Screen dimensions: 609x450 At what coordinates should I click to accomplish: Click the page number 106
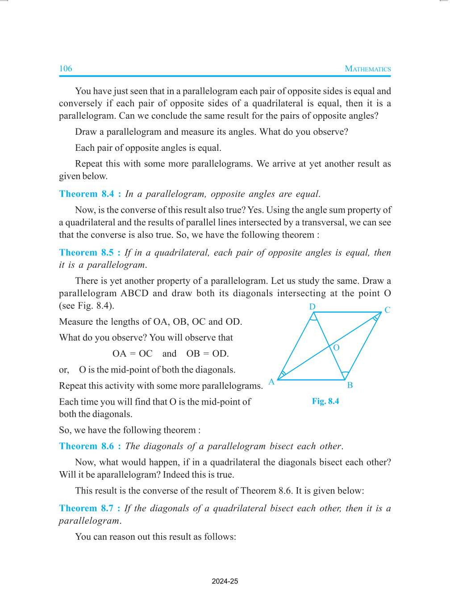66,68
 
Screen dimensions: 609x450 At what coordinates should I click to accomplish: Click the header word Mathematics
367,69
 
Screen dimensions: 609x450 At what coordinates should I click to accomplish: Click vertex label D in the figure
312,307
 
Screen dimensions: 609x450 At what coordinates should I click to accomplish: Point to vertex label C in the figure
387,310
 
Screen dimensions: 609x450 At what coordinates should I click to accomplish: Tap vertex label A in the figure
271,382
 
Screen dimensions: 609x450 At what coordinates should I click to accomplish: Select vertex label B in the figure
350,385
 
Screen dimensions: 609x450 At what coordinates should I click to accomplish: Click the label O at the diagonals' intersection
336,348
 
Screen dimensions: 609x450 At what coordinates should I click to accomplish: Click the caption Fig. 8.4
325,401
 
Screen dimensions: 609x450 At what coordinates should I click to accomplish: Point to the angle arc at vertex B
345,374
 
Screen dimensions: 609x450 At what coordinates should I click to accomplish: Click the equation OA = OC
132,354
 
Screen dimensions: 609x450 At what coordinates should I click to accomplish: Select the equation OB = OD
208,354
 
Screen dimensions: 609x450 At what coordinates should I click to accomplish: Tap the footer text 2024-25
225,581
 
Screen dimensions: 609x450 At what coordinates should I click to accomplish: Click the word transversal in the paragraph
326,222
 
